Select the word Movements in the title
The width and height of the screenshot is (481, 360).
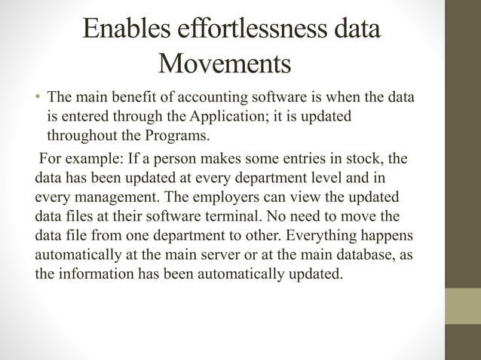click(225, 64)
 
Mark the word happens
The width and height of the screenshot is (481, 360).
click(388, 235)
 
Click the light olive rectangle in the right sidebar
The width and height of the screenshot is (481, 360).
click(462, 306)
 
